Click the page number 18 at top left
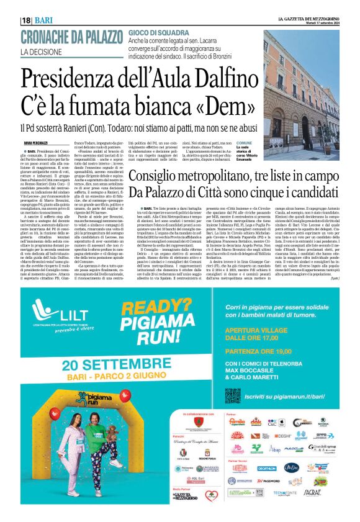pyautogui.click(x=27, y=20)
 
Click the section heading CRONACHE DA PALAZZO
pyautogui.click(x=75, y=36)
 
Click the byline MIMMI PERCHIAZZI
pyautogui.click(x=54, y=143)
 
